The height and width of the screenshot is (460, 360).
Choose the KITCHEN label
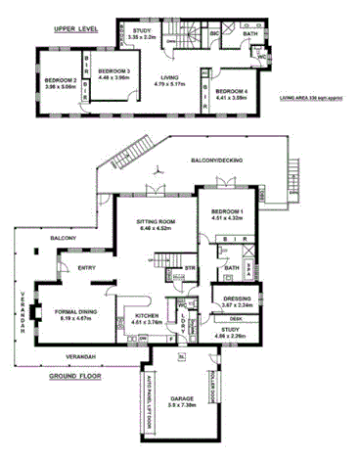[137, 316]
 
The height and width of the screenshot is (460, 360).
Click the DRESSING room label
[237, 299]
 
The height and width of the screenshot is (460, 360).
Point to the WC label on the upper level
[261, 56]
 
